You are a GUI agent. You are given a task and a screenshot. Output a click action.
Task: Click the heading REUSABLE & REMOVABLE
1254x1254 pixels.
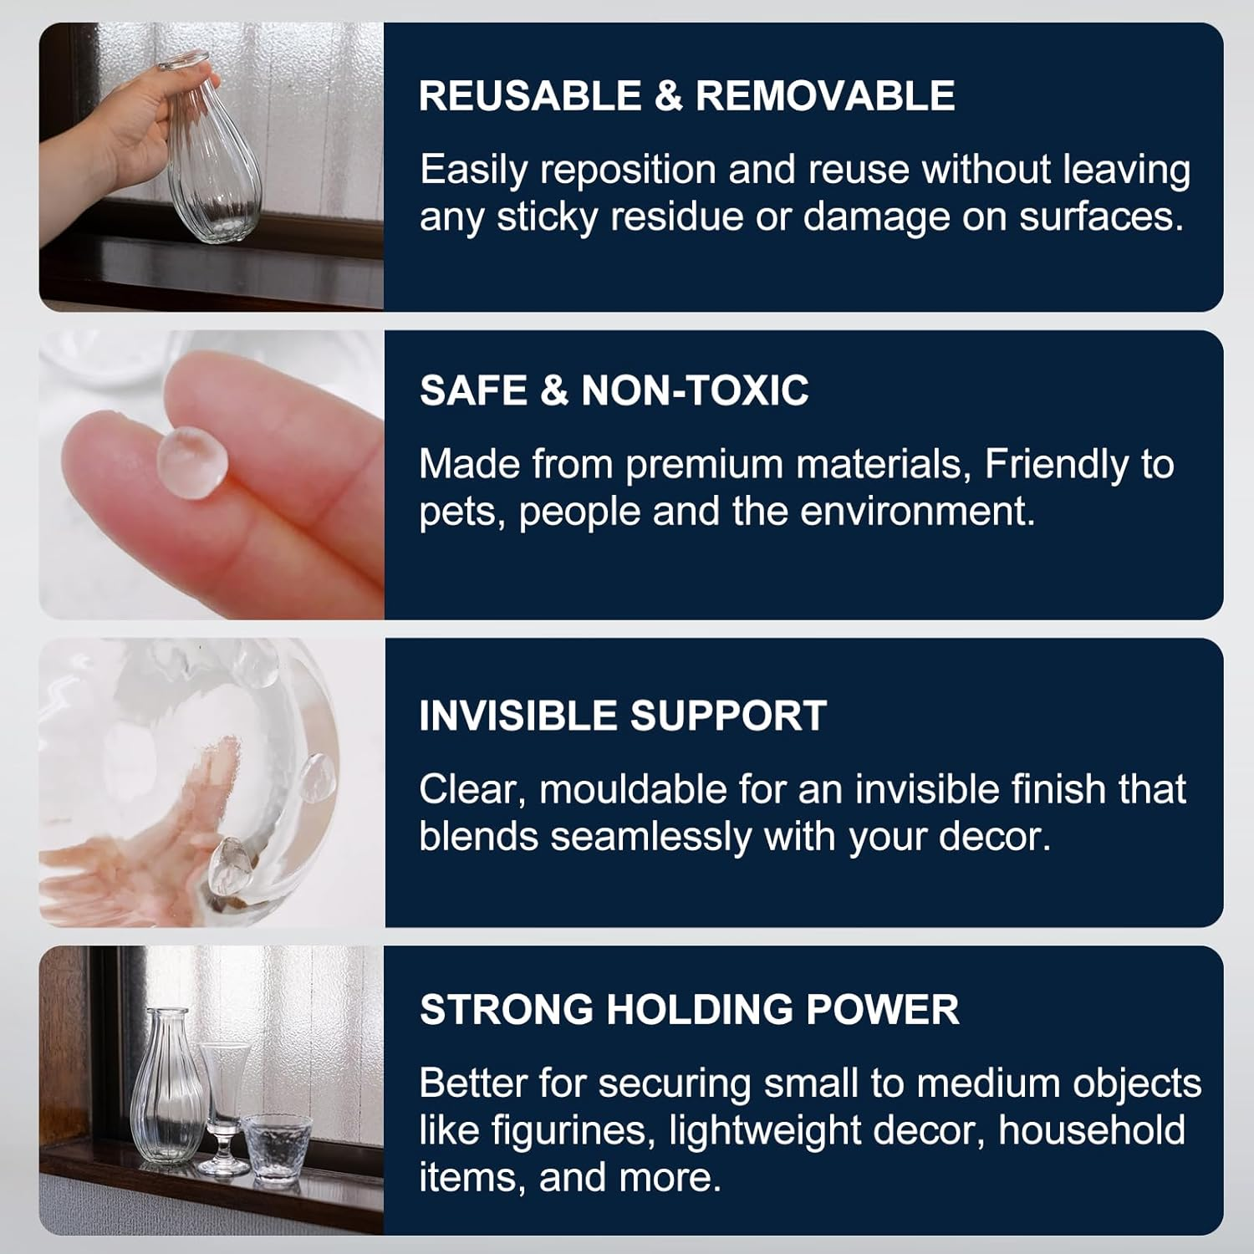click(686, 95)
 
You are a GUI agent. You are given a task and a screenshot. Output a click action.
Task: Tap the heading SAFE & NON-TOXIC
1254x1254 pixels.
click(614, 390)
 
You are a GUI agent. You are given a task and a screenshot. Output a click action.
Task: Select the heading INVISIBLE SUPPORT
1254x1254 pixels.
click(623, 716)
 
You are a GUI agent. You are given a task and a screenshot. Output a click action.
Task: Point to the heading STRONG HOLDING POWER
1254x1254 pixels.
click(690, 1009)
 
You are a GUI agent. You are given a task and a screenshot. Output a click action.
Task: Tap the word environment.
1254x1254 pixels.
click(918, 512)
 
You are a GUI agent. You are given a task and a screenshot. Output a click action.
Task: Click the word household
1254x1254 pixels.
click(1092, 1131)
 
